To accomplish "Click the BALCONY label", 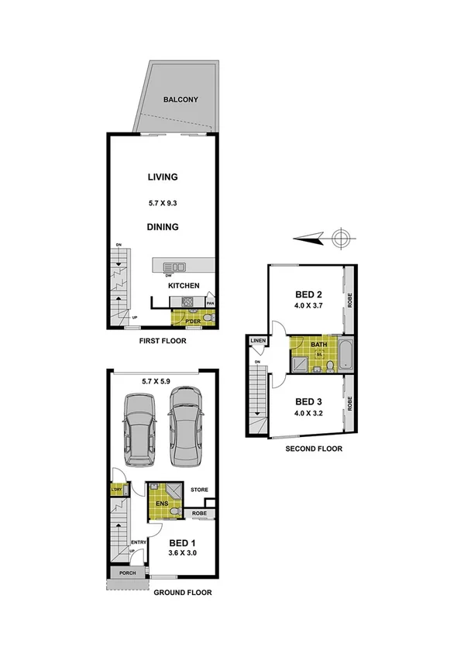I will (180, 100).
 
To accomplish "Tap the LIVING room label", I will (163, 177).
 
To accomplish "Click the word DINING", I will (163, 227).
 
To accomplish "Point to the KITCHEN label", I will (184, 286).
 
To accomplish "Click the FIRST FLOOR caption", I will (162, 340).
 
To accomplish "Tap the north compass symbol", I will (339, 239).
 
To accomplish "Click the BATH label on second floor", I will (318, 344).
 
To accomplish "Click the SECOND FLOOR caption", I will (313, 449).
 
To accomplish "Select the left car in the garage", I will (136, 430).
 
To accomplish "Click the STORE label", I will (199, 490).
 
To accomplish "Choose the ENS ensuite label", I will (163, 504).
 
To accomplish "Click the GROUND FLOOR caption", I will (182, 592).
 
